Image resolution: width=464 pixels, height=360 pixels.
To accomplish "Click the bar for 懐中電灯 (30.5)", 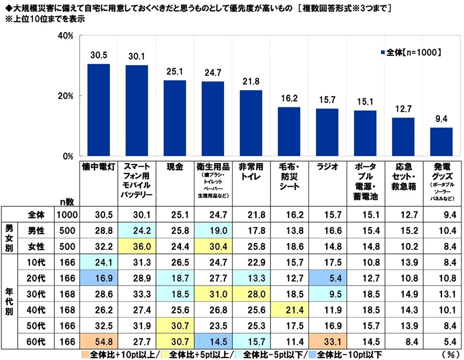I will click(x=99, y=110).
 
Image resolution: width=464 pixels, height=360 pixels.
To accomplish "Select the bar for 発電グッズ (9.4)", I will click(x=441, y=142).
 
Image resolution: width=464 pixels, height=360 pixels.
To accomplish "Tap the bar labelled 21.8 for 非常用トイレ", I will click(x=251, y=123).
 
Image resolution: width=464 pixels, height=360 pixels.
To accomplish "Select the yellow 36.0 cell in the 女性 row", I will click(x=137, y=245).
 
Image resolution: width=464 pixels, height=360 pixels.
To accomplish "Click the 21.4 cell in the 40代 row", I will click(x=289, y=310).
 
